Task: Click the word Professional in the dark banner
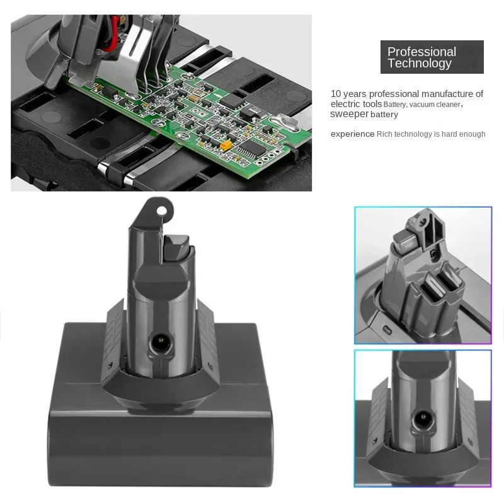421,52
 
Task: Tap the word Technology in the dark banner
419,63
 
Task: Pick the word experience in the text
352,134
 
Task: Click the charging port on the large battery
159,344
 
